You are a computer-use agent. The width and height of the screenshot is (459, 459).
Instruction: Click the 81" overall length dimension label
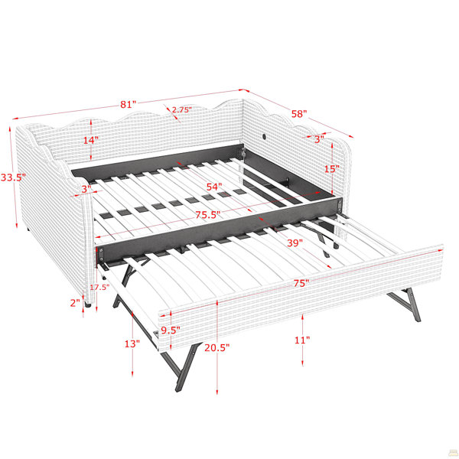(129, 105)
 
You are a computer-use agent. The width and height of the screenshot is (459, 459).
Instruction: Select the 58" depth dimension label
(299, 114)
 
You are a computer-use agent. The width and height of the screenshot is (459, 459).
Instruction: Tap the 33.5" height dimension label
(13, 177)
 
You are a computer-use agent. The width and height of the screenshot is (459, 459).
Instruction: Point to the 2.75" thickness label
(182, 109)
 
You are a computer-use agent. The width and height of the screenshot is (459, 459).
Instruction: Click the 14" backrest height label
(91, 140)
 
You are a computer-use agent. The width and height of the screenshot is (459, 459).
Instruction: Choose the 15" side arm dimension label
(332, 169)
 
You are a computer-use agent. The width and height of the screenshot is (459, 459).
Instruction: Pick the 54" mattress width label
(214, 187)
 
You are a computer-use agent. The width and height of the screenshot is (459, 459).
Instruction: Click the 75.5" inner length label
(208, 214)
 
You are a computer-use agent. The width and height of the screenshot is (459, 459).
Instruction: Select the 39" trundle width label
(295, 243)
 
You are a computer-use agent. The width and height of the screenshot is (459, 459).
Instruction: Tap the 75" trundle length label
(301, 283)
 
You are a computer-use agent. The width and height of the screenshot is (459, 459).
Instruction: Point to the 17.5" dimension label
(99, 287)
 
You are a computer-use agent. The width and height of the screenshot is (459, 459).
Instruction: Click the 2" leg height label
(75, 303)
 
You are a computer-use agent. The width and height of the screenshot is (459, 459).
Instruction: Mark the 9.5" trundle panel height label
(171, 330)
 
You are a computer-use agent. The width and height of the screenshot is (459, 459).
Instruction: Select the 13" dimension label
(132, 343)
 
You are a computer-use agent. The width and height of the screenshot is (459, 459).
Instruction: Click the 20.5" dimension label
(217, 348)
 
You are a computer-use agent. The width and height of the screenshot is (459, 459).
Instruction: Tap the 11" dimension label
(302, 340)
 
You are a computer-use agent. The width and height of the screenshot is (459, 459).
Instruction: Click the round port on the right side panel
(265, 136)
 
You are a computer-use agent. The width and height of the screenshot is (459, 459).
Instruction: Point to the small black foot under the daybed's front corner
(88, 305)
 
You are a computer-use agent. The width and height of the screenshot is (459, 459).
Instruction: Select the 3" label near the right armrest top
(319, 139)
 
